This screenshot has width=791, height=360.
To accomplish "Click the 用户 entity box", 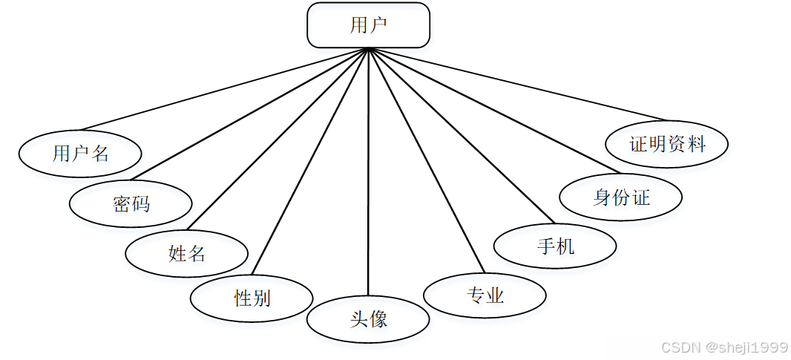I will (x=368, y=25).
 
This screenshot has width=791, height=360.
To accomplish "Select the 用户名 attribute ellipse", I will (x=80, y=154).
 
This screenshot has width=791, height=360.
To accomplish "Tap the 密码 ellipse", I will (x=131, y=203).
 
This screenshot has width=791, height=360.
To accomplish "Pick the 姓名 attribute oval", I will (x=186, y=254).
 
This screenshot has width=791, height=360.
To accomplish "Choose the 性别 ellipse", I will (x=252, y=298).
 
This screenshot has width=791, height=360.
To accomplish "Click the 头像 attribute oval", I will (x=368, y=320).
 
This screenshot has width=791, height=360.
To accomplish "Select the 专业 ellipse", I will (x=485, y=296).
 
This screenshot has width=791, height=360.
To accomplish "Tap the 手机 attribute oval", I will (x=554, y=246).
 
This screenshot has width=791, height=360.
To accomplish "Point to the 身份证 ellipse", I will (x=620, y=197).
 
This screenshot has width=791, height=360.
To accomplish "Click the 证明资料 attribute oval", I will (x=666, y=144).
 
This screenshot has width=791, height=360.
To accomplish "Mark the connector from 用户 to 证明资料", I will (x=517, y=85).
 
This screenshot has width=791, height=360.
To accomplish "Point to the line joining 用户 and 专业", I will (x=427, y=161).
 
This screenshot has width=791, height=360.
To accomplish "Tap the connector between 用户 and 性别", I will (x=310, y=161).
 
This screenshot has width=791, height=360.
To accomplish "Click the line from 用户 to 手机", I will (x=461, y=136).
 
